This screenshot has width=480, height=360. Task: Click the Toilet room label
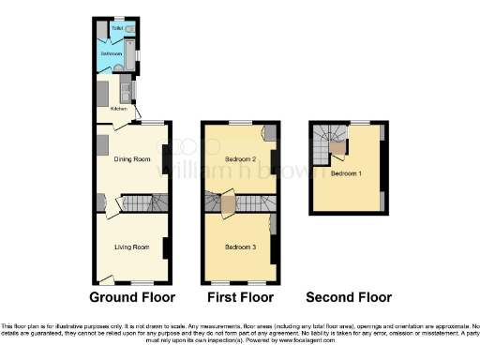[x=116, y=29]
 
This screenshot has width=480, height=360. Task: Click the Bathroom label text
[x=112, y=54]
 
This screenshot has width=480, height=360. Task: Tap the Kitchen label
[x=118, y=109]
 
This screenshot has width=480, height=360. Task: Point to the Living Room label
[x=132, y=247]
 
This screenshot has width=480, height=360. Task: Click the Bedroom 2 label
[x=240, y=159]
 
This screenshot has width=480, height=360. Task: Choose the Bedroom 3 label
[x=240, y=247]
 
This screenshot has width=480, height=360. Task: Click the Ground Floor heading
[x=132, y=298]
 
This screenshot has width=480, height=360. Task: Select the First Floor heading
[x=240, y=298]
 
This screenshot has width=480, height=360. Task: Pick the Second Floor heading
[x=349, y=298]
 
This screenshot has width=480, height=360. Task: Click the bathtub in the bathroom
[x=130, y=54]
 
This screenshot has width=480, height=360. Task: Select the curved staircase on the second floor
[x=329, y=138]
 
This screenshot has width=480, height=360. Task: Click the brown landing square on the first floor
[x=228, y=203]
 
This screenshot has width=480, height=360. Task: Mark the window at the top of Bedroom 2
[x=240, y=122]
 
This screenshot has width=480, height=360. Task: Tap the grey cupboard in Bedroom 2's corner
[x=270, y=133]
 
